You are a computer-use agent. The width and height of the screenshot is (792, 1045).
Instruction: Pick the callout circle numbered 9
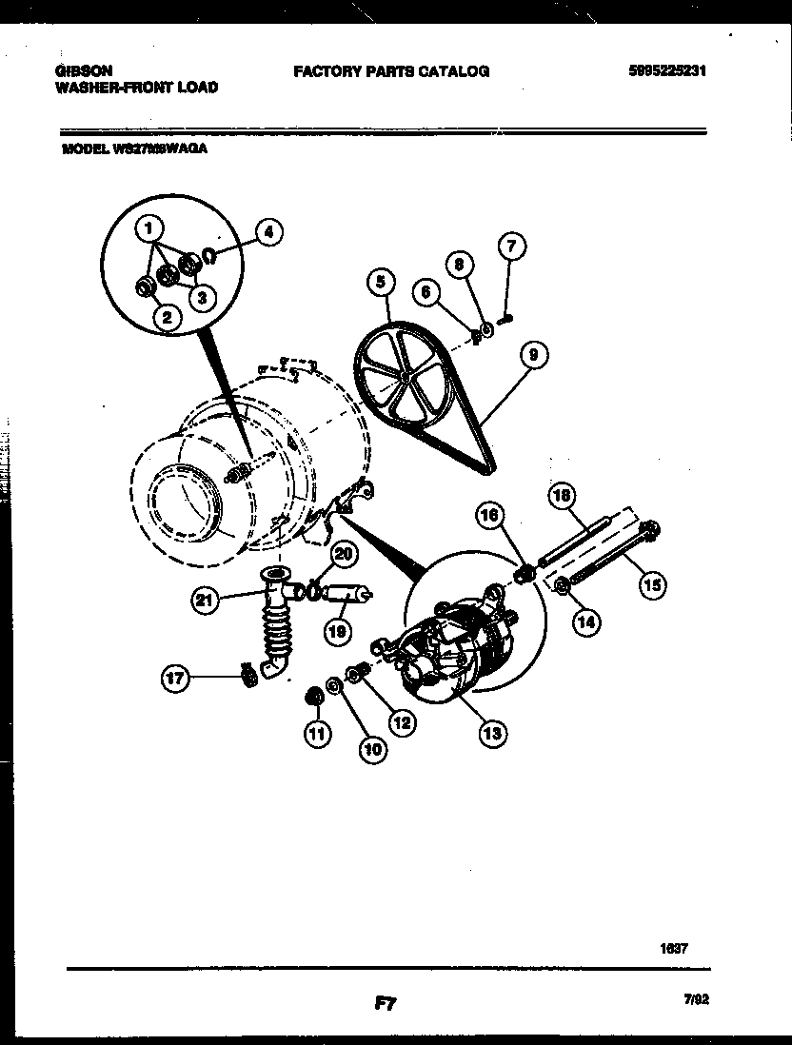[x=534, y=356]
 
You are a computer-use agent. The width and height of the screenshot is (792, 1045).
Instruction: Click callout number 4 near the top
[x=269, y=230]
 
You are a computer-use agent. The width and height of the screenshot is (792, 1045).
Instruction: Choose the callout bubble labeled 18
[x=563, y=495]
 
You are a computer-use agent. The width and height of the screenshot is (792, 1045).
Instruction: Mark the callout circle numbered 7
[x=510, y=247]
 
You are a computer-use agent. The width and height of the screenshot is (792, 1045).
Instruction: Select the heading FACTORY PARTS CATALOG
[x=390, y=70]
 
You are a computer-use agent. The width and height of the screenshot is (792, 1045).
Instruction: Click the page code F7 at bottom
[x=385, y=1002]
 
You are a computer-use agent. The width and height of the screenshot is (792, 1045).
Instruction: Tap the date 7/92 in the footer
[x=696, y=999]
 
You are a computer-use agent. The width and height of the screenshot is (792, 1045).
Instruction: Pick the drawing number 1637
[x=673, y=948]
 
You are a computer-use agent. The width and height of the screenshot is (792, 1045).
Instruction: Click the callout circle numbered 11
[x=314, y=733]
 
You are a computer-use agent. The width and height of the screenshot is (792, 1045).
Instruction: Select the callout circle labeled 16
[x=489, y=516]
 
